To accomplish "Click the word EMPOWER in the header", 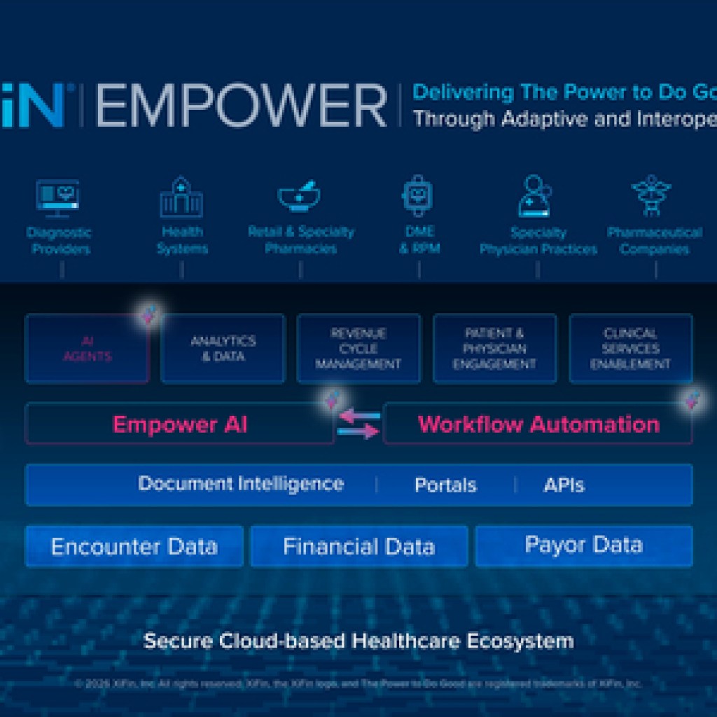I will coord(242,106).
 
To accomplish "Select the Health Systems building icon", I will coord(181,197).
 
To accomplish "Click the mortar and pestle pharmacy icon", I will coord(300,195).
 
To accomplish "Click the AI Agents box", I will coord(88,348).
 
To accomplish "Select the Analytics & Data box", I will coord(223,348).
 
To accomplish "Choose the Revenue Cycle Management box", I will coord(358,348).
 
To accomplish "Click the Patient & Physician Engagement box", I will coord(494,348).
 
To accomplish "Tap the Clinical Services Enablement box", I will coord(631,348).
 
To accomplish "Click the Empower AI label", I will coord(180,424).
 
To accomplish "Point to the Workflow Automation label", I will coord(538,424).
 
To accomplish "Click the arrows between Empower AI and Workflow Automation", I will coord(358,424).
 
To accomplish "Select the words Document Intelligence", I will coord(241,484).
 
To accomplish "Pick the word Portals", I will coord(445,485).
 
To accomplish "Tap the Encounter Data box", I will coord(134,546).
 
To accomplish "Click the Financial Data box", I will coord(358,546).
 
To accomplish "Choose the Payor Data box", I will coord(583,545).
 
